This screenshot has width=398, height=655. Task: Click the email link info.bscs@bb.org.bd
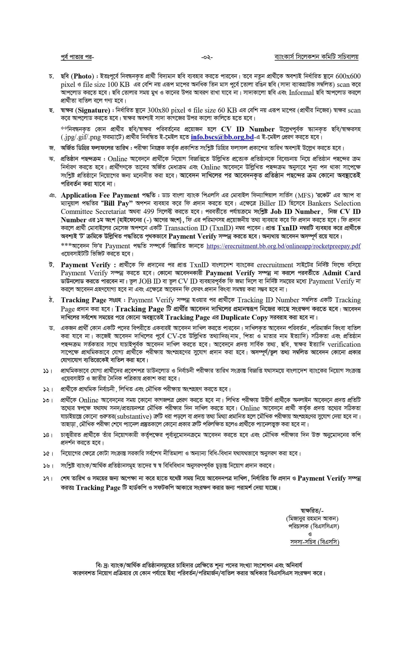[222, 137]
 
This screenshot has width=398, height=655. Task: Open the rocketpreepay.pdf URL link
[283, 246]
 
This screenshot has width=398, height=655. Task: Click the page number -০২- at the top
[207, 57]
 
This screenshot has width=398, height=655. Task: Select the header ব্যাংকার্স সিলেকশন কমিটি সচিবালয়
[316, 57]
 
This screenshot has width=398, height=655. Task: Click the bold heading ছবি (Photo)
[77, 76]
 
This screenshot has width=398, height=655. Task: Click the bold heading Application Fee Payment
[100, 195]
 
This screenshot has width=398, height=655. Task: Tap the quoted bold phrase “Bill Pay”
[117, 203]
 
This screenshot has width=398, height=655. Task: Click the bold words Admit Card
[341, 273]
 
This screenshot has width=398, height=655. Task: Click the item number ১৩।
[48, 400]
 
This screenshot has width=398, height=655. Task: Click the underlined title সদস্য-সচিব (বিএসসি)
[314, 542]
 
